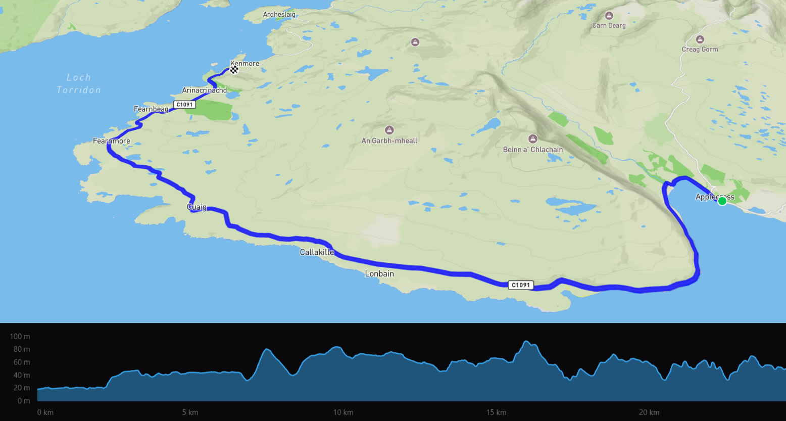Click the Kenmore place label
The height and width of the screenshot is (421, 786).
tap(245, 64)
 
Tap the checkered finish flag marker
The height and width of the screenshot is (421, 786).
tap(234, 70)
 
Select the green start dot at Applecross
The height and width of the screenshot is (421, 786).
tap(722, 201)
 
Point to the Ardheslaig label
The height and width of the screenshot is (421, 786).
tap(279, 15)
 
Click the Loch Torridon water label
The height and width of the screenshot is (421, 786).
tap(79, 84)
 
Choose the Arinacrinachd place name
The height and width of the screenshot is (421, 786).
tap(204, 90)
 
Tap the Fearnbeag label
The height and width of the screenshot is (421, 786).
tap(151, 109)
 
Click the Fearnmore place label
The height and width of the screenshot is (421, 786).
tap(112, 141)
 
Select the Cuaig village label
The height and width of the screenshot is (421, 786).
tap(197, 207)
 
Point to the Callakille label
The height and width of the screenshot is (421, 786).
tap(317, 252)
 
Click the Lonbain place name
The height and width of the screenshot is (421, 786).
tap(379, 274)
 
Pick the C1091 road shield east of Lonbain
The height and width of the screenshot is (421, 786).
tap(521, 285)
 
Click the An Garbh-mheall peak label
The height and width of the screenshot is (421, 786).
tap(389, 141)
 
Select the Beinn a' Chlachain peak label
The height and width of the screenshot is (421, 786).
tap(532, 150)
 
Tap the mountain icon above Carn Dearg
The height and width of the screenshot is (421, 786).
tap(609, 16)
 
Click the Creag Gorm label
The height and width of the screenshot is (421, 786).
tap(700, 49)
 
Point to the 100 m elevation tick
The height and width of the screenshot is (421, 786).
tap(20, 337)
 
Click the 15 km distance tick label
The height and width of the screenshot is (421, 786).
tap(496, 412)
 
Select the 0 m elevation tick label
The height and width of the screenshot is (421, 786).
tap(23, 401)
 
